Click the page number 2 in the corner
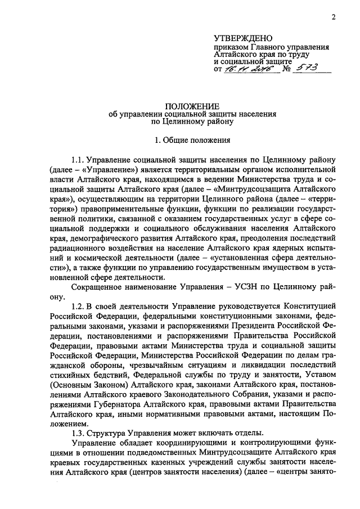pyautogui.click(x=333, y=17)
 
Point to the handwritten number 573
pyautogui.click(x=308, y=67)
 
